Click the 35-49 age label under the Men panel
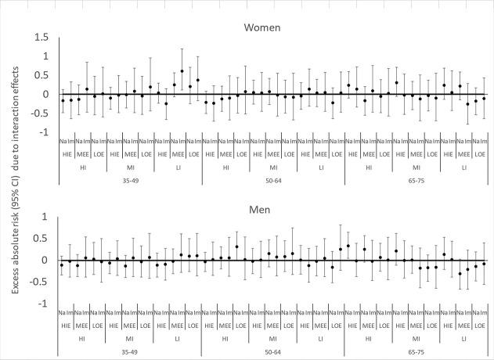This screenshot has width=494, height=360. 131,351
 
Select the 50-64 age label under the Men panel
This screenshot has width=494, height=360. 273,351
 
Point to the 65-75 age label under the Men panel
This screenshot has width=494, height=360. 416,351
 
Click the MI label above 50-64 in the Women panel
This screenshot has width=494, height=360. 273,167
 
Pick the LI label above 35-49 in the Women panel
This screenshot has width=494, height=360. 178,167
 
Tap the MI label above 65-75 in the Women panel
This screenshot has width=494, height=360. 416,167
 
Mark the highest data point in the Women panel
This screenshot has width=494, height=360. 182,70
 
